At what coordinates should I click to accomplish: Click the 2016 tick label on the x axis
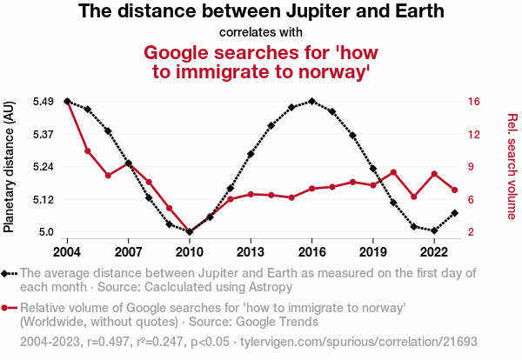pyautogui.click(x=312, y=252)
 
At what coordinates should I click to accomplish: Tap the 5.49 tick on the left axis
pyautogui.click(x=44, y=102)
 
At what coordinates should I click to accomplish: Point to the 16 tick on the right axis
pyautogui.click(x=473, y=102)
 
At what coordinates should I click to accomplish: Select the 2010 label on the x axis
pyautogui.click(x=190, y=252)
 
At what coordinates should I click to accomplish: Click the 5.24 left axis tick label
pyautogui.click(x=44, y=167)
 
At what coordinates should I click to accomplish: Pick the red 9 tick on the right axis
pyautogui.click(x=470, y=167)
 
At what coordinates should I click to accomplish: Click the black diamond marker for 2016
pyautogui.click(x=312, y=102)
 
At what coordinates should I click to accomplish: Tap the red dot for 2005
pyautogui.click(x=88, y=151)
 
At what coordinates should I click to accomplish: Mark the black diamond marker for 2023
pyautogui.click(x=455, y=213)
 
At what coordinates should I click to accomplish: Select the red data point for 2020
pyautogui.click(x=394, y=172)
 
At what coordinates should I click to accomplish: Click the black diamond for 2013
pyautogui.click(x=251, y=154)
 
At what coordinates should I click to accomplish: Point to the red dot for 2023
pyautogui.click(x=455, y=190)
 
